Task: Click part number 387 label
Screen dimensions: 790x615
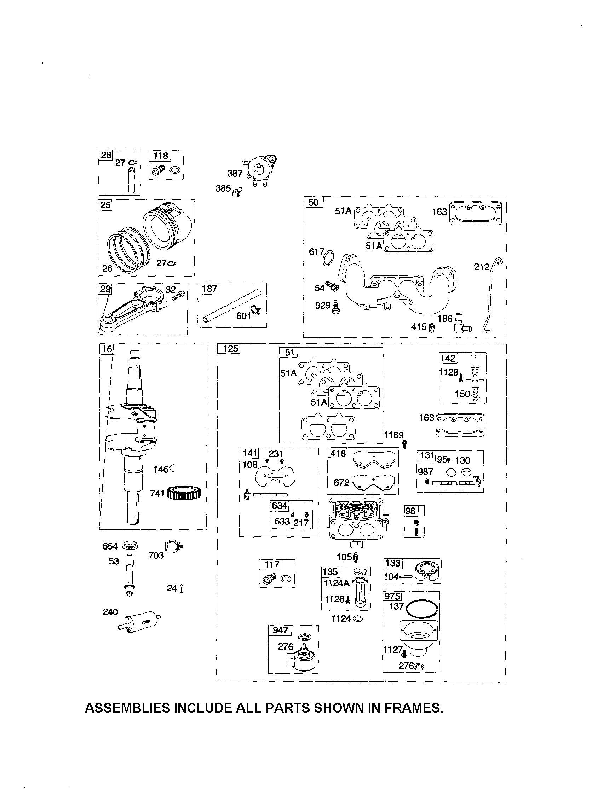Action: point(235,174)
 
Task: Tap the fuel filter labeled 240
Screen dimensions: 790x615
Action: point(139,621)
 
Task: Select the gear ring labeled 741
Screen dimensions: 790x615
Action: point(184,493)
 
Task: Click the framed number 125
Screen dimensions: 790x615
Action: point(230,349)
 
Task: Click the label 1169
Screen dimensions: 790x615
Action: point(393,435)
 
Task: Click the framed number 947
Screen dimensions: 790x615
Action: point(280,630)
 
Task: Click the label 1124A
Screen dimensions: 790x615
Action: point(336,583)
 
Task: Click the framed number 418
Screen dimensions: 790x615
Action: point(338,453)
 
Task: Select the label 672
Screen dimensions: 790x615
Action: point(341,483)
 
